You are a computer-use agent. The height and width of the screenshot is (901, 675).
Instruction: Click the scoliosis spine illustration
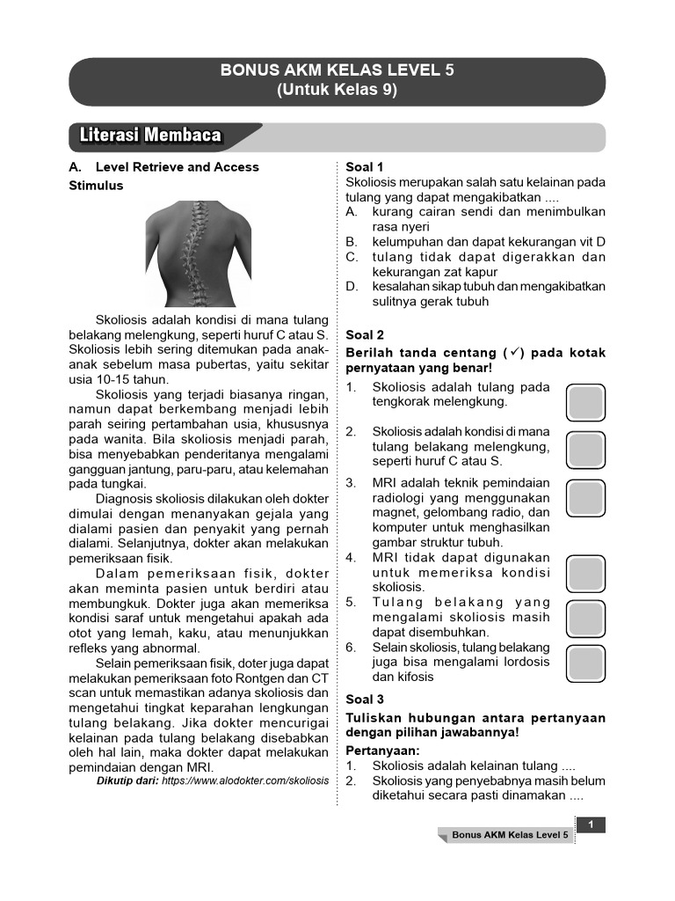tap(201, 253)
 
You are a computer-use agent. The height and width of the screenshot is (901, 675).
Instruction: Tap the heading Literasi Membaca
tap(150, 136)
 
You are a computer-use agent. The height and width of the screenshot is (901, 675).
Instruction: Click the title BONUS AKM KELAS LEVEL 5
tap(337, 71)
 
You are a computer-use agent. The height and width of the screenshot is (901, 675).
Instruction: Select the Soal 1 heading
tap(365, 167)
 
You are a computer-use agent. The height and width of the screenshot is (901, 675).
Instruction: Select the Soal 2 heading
tap(365, 334)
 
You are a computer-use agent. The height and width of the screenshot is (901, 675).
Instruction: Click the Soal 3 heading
tap(365, 700)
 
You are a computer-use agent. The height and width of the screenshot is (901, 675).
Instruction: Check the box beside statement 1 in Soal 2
tap(585, 402)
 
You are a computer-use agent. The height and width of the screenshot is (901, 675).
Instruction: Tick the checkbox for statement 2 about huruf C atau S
tap(585, 450)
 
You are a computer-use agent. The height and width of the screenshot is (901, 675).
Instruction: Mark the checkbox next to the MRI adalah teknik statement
tap(585, 497)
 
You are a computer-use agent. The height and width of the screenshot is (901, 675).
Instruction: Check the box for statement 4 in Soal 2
tap(585, 574)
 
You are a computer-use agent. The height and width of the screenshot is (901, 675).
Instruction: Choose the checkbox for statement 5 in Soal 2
tap(585, 619)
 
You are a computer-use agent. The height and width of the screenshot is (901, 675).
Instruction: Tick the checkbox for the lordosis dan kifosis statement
tap(585, 663)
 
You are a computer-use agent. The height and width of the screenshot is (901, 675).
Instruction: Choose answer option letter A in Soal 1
tap(352, 212)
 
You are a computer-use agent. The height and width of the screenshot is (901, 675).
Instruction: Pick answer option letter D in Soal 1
tap(352, 287)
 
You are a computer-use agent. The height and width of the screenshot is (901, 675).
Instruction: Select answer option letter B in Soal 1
tap(352, 242)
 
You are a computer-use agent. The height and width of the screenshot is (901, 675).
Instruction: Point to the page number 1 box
tap(592, 824)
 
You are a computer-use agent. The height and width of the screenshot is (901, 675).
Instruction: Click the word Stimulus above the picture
tap(96, 186)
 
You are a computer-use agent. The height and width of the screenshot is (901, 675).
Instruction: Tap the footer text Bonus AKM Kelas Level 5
tap(511, 834)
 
